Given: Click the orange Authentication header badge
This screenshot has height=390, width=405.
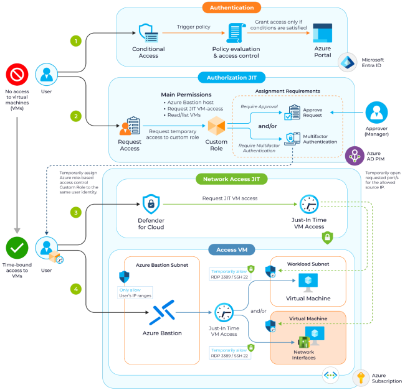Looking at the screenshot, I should pyautogui.click(x=231, y=7).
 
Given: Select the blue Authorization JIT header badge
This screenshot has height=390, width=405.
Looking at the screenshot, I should pyautogui.click(x=231, y=78).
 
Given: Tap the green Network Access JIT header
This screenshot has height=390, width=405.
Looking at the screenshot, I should pyautogui.click(x=231, y=179).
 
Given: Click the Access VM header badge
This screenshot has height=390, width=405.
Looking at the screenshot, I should pyautogui.click(x=231, y=250).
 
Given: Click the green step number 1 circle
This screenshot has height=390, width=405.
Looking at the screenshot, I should pyautogui.click(x=76, y=42).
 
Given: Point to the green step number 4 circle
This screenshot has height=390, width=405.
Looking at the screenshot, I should pyautogui.click(x=76, y=289).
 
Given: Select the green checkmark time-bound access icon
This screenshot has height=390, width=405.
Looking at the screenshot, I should pyautogui.click(x=17, y=248).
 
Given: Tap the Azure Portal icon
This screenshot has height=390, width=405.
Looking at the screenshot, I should pyautogui.click(x=322, y=33).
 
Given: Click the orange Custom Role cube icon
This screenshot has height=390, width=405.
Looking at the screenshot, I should pyautogui.click(x=217, y=127).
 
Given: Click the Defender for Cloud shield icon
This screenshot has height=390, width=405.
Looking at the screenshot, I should pyautogui.click(x=151, y=203).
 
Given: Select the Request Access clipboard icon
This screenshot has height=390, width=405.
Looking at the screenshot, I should pyautogui.click(x=129, y=126).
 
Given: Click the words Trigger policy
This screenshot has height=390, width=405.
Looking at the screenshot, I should pyautogui.click(x=194, y=27).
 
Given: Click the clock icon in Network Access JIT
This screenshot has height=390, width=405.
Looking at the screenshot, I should pyautogui.click(x=310, y=204).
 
